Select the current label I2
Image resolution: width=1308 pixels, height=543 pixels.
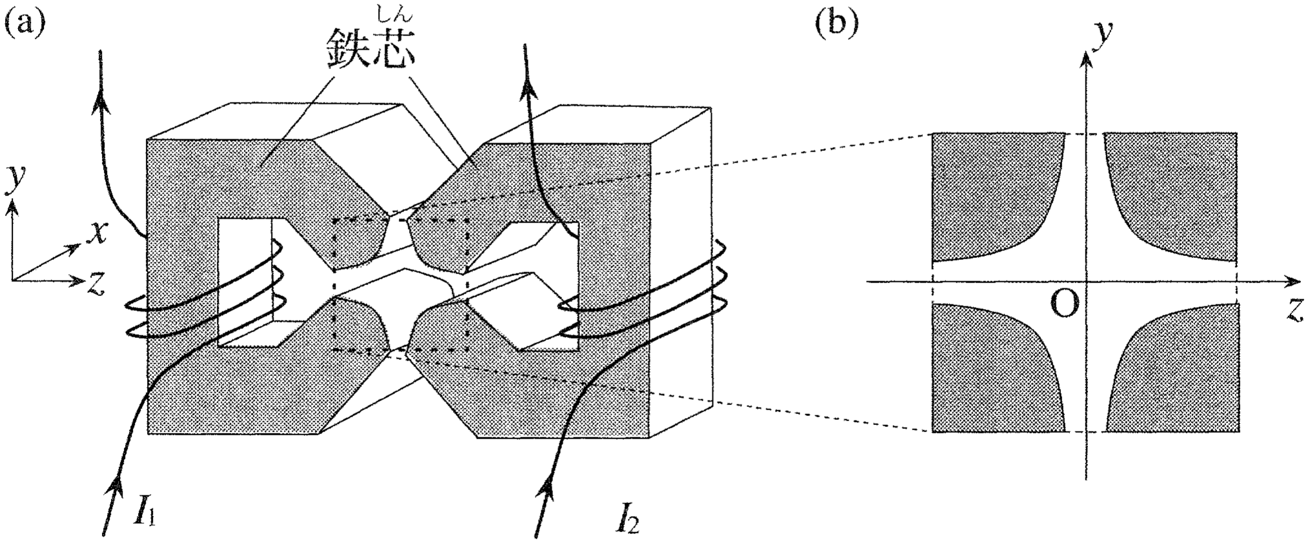[x=627, y=517]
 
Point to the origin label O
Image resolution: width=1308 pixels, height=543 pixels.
[x=1065, y=303]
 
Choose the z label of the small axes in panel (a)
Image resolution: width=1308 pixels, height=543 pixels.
[x=97, y=283]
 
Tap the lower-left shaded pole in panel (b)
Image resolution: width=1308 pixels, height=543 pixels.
[x=998, y=367]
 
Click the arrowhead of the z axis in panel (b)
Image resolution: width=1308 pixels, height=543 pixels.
[x=1292, y=282]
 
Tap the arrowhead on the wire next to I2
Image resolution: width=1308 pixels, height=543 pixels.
[x=547, y=487]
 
